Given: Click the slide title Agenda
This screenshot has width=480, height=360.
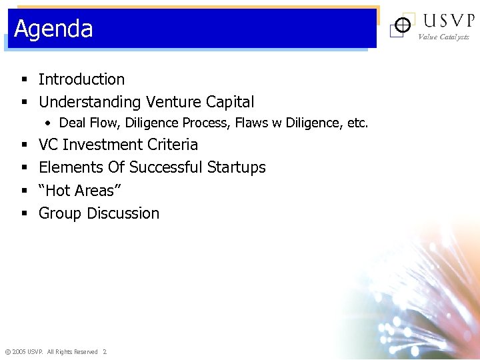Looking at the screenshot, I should (53, 29).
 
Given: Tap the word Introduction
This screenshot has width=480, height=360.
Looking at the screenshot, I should (81, 79).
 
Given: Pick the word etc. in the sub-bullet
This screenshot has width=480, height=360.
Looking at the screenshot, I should (356, 123).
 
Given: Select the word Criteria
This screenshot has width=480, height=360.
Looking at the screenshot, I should (171, 145).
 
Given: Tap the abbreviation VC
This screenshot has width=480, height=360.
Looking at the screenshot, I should (49, 145).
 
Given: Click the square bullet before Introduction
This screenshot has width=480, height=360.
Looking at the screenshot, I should (23, 80).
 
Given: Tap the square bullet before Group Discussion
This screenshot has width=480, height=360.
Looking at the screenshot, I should (23, 214).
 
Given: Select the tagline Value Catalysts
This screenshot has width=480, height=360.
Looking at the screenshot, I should (443, 37).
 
